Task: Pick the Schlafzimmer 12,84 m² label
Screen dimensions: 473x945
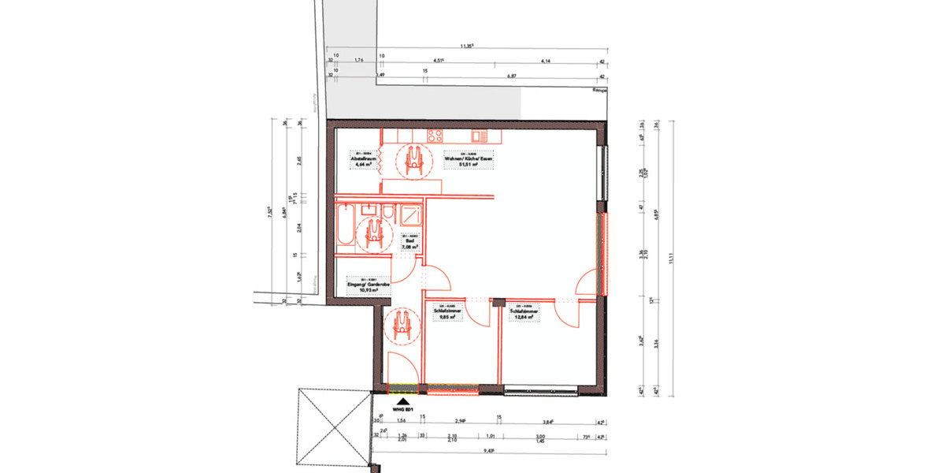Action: (x=524, y=313)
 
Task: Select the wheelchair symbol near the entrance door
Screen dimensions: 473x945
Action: (x=401, y=325)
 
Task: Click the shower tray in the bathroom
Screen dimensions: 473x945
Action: (x=411, y=217)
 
